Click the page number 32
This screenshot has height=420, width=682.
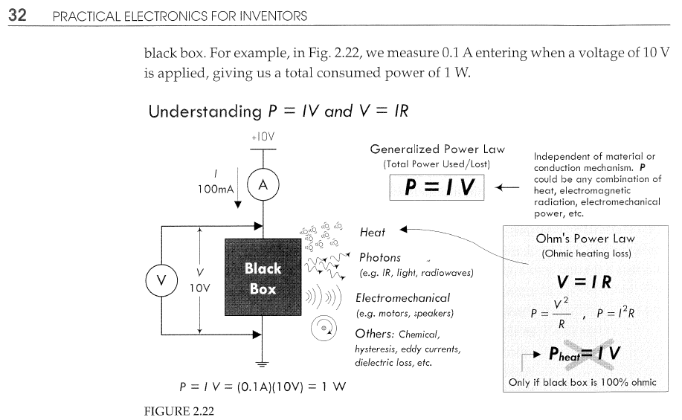coord(17,15)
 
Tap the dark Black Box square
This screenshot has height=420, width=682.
coord(263,277)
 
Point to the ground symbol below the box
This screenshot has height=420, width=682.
coord(262,364)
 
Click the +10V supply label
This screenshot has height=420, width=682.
coord(263,137)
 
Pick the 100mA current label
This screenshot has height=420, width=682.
coord(215,189)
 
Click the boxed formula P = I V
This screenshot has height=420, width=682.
coord(437,187)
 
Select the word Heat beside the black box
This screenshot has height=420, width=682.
coord(373,233)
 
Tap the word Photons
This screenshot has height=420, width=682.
coord(380,257)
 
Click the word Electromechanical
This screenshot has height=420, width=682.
coord(403,298)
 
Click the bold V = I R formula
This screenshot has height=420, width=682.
coord(584,282)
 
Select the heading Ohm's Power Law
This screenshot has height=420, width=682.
coord(585,239)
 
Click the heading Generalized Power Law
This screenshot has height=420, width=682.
coord(437,149)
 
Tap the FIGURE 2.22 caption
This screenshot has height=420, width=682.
coord(179,411)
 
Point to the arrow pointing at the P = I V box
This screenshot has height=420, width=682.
coord(507,188)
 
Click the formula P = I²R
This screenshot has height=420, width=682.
coord(616,313)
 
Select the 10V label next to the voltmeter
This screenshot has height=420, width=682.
coord(199,288)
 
